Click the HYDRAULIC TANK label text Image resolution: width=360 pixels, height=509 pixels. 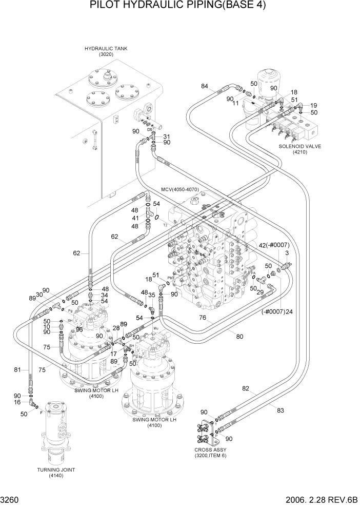click(x=106, y=48)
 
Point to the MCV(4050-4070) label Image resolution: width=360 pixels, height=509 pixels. click(x=179, y=189)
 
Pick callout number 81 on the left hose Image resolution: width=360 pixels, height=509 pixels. click(x=17, y=369)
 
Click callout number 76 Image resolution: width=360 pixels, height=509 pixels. click(x=203, y=318)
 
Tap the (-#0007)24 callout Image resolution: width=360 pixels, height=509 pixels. click(x=276, y=311)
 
